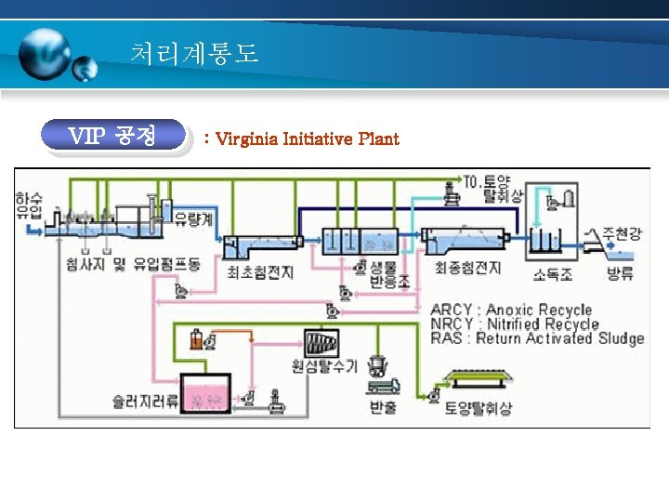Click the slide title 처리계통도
pyautogui.click(x=194, y=54)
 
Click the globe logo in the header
pyautogui.click(x=51, y=56)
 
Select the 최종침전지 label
pyautogui.click(x=467, y=269)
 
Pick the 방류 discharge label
pyautogui.click(x=619, y=273)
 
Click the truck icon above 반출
pyautogui.click(x=382, y=384)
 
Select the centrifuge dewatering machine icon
pyautogui.click(x=321, y=341)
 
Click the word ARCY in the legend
pyautogui.click(x=453, y=310)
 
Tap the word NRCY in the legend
pyautogui.click(x=453, y=324)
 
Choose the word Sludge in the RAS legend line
pyautogui.click(x=620, y=338)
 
